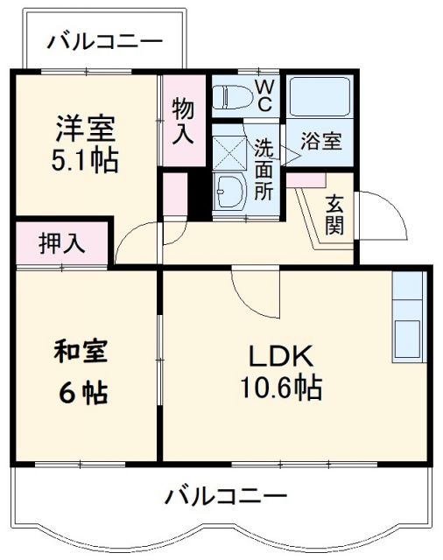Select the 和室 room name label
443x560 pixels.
coord(81,353)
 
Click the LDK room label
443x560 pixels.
coord(282,357)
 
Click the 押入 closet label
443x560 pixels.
coord(61,244)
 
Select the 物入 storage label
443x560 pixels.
coord(183,121)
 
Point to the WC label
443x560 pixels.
coord(264,94)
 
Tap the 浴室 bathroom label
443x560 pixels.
coord(320,142)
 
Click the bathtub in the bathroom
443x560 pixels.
coord(320,97)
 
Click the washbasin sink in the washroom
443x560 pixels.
coord(231,189)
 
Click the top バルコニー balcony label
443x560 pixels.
coord(104,40)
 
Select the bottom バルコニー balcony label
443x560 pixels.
coord(227,497)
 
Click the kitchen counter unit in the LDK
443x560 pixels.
coord(408,318)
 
